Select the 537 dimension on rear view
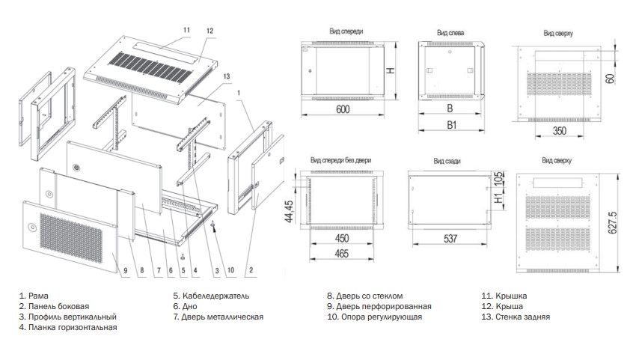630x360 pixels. point(450,240)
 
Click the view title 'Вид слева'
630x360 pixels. point(450,33)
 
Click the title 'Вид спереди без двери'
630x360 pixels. point(337,159)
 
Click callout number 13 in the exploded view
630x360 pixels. point(226,75)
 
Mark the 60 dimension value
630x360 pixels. point(611,78)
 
